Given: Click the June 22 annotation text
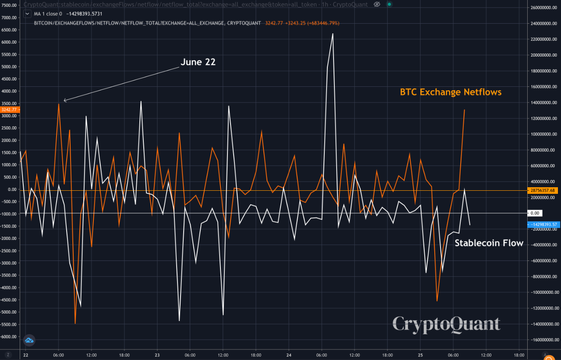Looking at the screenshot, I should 198,62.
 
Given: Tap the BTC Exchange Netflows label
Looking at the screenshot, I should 451,92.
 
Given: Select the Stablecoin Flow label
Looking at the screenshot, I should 489,243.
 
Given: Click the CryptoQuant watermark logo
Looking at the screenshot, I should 446,324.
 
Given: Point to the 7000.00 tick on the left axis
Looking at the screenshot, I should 9,18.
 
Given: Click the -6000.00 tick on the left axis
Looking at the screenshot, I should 9,337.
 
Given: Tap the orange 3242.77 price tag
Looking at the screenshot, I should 9,110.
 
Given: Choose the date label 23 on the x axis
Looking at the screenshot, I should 157,355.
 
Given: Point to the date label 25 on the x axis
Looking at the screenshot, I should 420,355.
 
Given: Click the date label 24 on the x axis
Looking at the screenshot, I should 289,355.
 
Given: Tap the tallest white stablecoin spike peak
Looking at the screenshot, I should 333,34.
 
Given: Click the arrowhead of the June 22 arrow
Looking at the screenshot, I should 65,101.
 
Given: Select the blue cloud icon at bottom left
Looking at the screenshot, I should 29,340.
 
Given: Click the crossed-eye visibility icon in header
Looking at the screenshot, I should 377,4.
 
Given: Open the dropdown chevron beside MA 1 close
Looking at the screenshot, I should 27,14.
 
